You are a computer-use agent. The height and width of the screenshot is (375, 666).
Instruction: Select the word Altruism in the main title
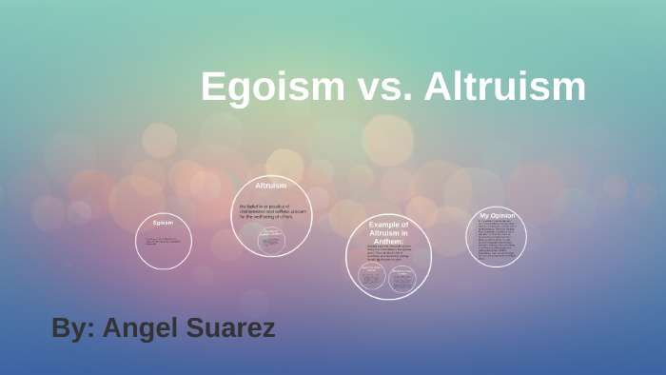pyautogui.click(x=505, y=87)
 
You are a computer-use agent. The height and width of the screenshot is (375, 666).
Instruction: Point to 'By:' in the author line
pyautogui.click(x=72, y=328)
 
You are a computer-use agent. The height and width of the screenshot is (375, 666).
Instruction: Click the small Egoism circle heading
pyautogui.click(x=163, y=223)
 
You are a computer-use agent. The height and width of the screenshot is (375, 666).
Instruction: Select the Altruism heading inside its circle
pyautogui.click(x=271, y=185)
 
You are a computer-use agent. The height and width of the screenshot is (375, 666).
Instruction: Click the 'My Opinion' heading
pyautogui.click(x=498, y=215)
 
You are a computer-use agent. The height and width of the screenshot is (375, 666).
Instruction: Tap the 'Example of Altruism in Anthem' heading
pyautogui.click(x=388, y=232)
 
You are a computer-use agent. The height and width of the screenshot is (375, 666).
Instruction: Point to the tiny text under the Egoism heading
pyautogui.click(x=162, y=241)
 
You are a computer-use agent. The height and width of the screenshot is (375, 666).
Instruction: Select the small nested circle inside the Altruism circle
pyautogui.click(x=271, y=240)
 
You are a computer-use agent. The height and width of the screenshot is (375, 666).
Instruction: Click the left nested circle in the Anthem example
pyautogui.click(x=371, y=277)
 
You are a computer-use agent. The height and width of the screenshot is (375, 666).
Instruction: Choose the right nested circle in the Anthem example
pyautogui.click(x=402, y=277)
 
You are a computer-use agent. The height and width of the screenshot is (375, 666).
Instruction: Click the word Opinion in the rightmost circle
pyautogui.click(x=503, y=215)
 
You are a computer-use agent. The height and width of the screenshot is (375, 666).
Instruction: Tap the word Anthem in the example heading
pyautogui.click(x=388, y=241)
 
